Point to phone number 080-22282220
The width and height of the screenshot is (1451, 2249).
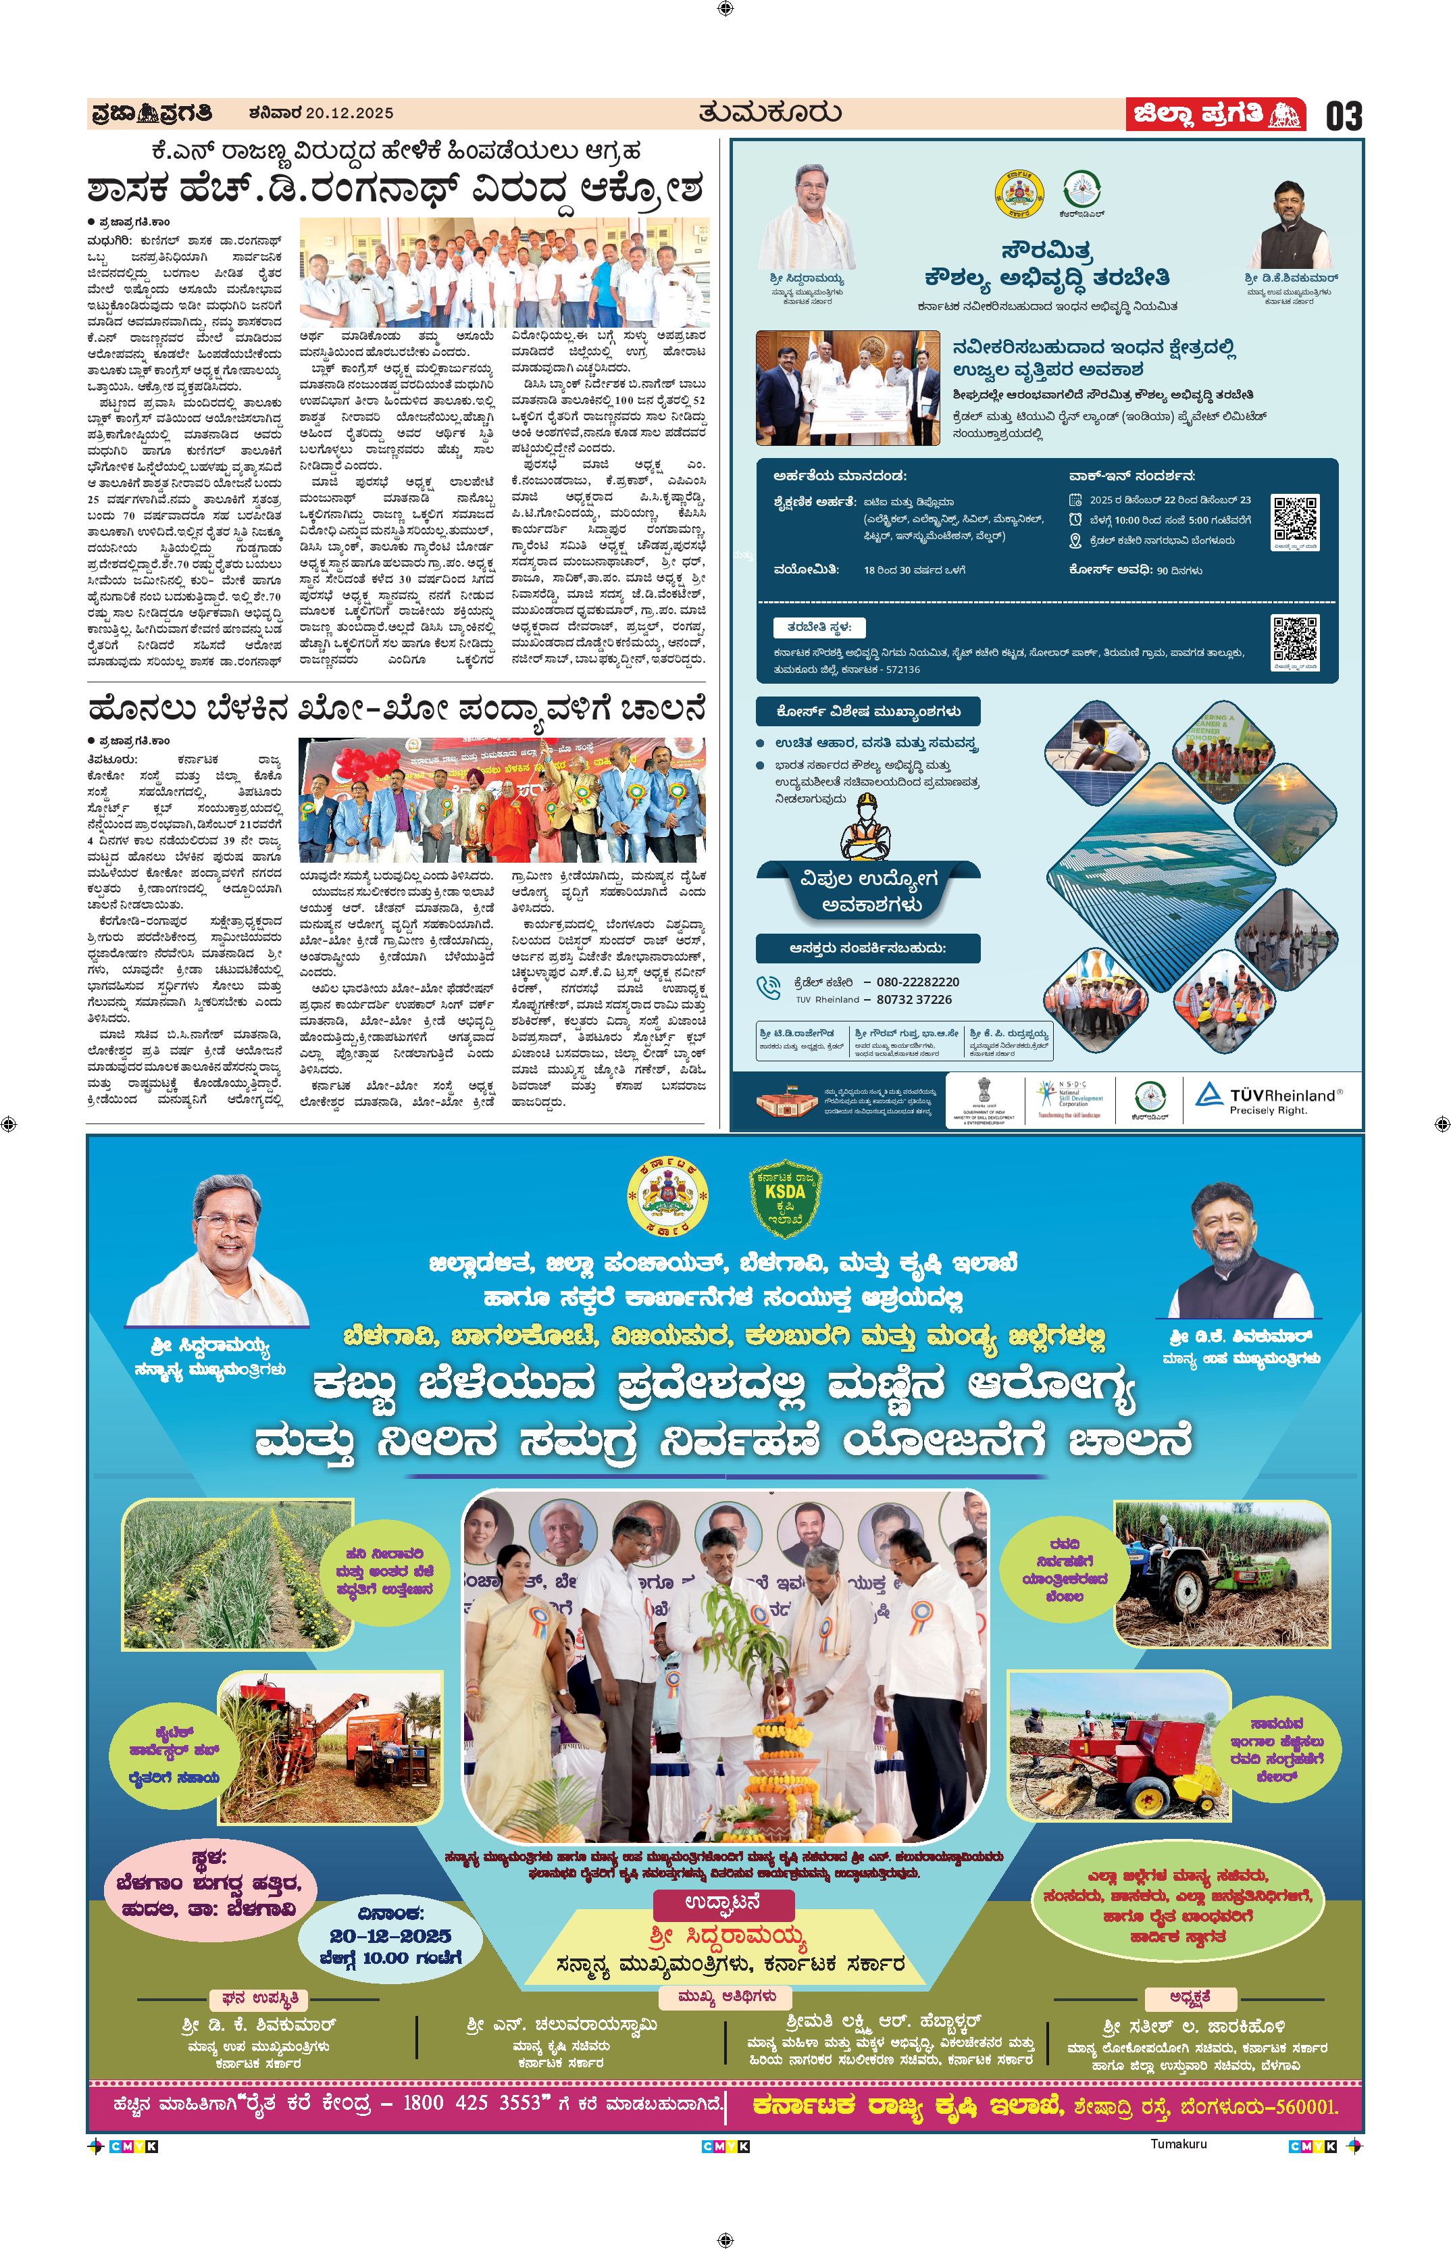(x=918, y=981)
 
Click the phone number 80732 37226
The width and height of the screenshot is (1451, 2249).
(x=914, y=1000)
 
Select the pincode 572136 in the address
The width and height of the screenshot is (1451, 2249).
(x=900, y=669)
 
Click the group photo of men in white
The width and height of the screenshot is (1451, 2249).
(x=503, y=272)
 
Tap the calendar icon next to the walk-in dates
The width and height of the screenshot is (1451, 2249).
(x=1075, y=501)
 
